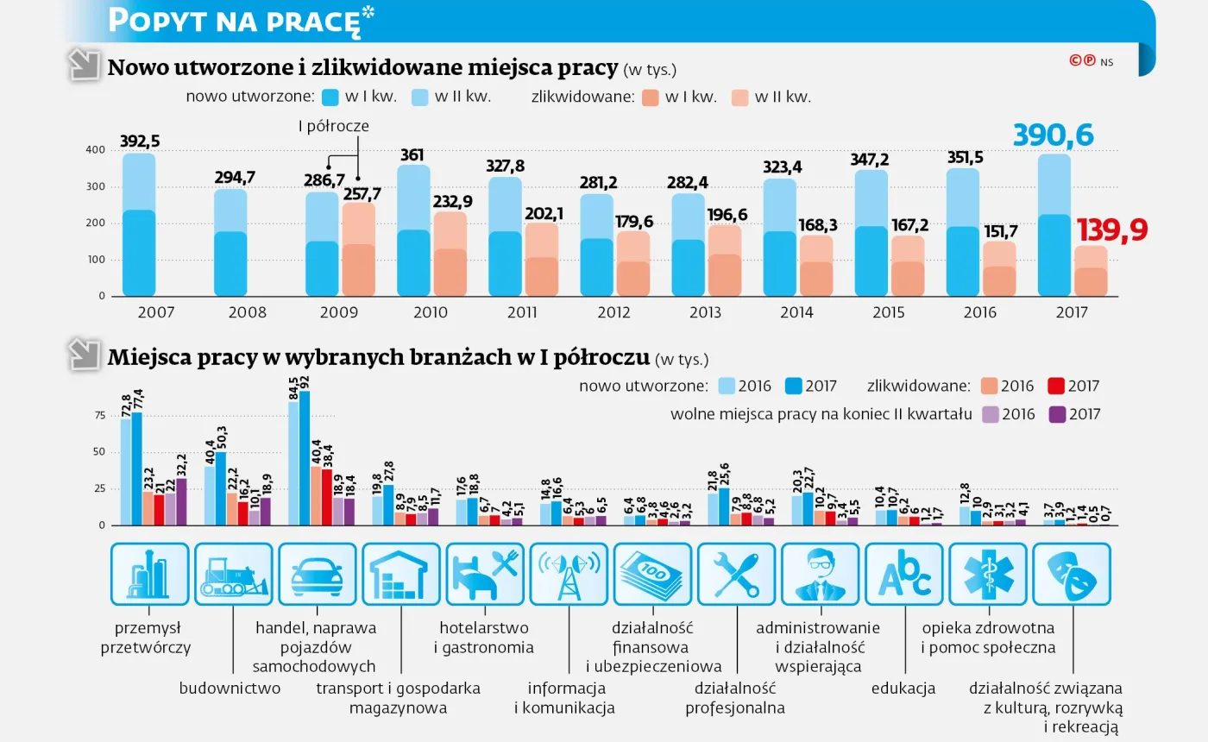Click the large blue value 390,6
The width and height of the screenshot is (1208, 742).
pyautogui.click(x=1054, y=135)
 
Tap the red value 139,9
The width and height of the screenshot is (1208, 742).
pyautogui.click(x=1112, y=230)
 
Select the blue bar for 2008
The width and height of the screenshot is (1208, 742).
pyautogui.click(x=230, y=242)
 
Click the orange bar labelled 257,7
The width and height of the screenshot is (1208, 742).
pyautogui.click(x=359, y=249)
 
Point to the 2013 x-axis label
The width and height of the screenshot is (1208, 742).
pyautogui.click(x=705, y=312)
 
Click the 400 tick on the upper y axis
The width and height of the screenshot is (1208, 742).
pyautogui.click(x=96, y=150)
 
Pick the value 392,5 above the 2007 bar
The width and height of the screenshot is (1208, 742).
pyautogui.click(x=140, y=141)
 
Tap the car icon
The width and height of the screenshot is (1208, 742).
pyautogui.click(x=318, y=575)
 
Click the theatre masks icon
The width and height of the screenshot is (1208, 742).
pyautogui.click(x=1072, y=575)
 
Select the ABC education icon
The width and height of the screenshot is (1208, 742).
pyautogui.click(x=904, y=575)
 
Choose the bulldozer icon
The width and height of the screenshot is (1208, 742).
pyautogui.click(x=234, y=575)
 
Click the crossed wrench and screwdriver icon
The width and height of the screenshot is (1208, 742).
pyautogui.click(x=736, y=575)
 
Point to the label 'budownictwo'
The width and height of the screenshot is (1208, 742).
pyautogui.click(x=230, y=689)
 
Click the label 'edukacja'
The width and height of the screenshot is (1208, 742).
pyautogui.click(x=903, y=689)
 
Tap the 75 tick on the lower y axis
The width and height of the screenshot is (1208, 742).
pyautogui.click(x=100, y=415)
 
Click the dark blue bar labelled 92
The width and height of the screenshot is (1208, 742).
pyautogui.click(x=305, y=458)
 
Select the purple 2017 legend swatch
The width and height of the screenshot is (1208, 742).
pyautogui.click(x=1057, y=414)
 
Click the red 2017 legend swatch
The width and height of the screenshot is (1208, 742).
pyautogui.click(x=1056, y=387)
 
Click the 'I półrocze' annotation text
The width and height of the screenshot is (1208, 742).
pyautogui.click(x=334, y=126)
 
